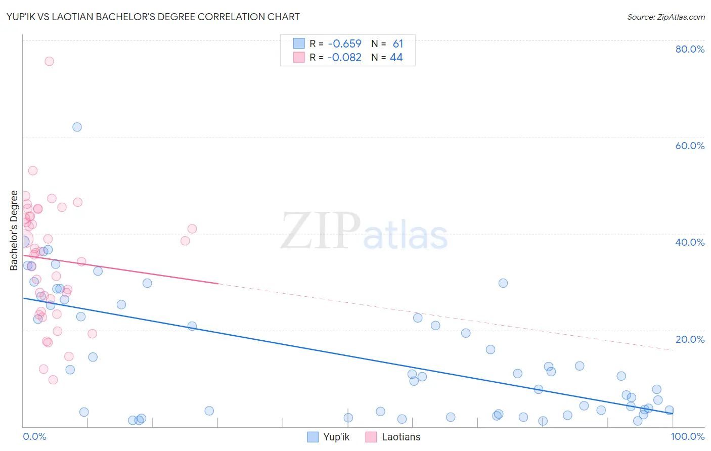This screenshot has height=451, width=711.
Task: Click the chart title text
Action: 153,17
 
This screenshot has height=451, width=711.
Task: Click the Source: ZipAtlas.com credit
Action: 665,17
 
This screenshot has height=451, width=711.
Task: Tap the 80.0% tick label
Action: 690,49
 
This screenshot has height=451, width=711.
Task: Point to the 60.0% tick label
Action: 690,146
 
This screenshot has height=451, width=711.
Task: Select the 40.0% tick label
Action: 690,242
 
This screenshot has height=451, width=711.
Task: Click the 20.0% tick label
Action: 690,339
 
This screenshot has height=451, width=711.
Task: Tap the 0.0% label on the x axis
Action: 34,436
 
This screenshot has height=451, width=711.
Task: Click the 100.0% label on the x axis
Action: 687,436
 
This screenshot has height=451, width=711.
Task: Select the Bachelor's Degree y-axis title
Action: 14,231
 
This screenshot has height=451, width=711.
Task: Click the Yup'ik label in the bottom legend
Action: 336,437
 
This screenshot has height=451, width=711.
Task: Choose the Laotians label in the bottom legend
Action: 401,437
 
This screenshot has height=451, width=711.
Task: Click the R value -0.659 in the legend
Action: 344,44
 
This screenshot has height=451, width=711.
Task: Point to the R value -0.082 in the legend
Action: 344,58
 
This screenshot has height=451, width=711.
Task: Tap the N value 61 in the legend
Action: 398,44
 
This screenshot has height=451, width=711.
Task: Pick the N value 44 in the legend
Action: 396,58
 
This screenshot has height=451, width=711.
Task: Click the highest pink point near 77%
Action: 49,61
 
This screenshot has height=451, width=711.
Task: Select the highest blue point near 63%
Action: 77,127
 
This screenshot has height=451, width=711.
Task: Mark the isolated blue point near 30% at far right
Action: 503,283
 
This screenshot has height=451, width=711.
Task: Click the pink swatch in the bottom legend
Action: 371,437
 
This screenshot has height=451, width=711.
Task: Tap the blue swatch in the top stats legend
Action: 299,44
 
